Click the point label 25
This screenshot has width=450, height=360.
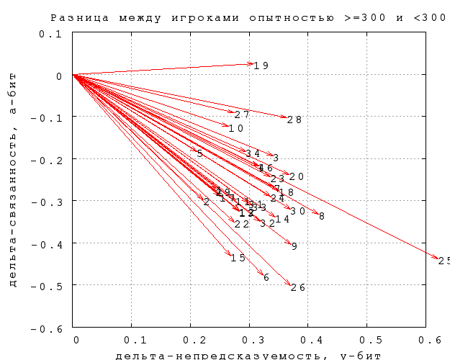click(x=444, y=261)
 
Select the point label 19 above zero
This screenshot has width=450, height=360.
click(x=261, y=66)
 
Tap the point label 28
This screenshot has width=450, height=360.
click(x=294, y=120)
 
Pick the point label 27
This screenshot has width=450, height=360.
click(x=242, y=114)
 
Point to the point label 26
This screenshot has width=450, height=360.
click(x=298, y=287)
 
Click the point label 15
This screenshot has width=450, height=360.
click(x=238, y=258)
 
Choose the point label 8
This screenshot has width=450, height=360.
click(x=322, y=216)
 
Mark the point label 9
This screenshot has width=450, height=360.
click(x=294, y=246)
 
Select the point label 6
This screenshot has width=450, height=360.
click(x=266, y=277)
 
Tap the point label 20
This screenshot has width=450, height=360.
click(x=297, y=176)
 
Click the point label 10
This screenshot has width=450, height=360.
click(x=236, y=128)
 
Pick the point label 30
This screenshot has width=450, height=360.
click(x=298, y=211)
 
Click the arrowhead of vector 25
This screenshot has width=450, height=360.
click(x=437, y=257)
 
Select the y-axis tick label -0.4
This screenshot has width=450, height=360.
click(x=50, y=244)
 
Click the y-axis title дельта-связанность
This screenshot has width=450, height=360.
click(x=12, y=216)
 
